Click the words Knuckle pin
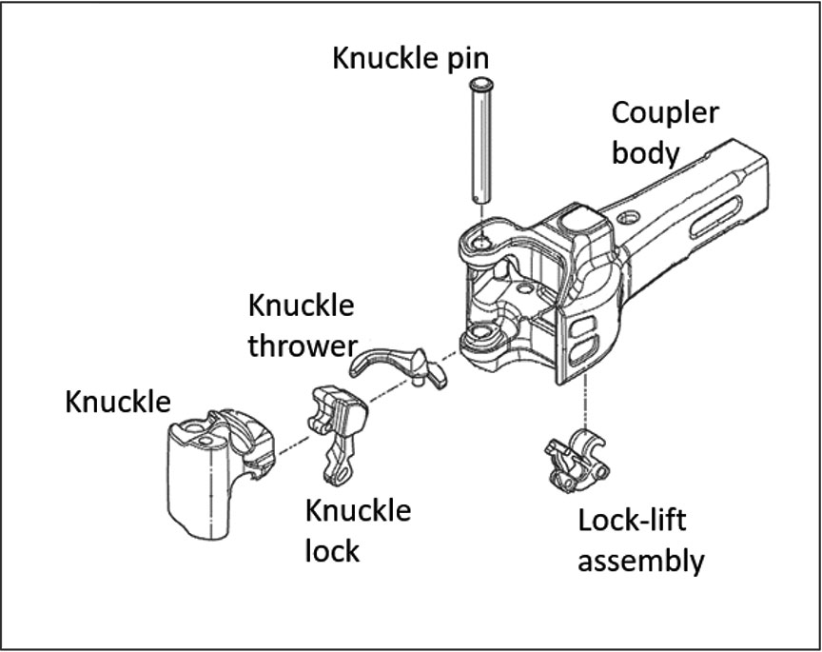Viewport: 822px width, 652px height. click(x=421, y=58)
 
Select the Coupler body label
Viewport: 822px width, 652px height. click(x=664, y=131)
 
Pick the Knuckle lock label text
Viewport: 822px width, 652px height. click(x=358, y=528)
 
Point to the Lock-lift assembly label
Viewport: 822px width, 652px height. click(x=641, y=540)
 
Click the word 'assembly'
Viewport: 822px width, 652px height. click(x=641, y=560)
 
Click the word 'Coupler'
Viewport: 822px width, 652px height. click(x=664, y=112)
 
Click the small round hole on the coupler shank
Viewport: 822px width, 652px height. click(x=626, y=219)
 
